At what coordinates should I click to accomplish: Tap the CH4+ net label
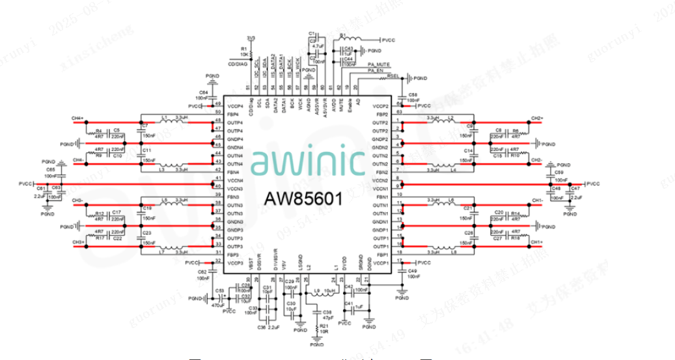[79, 118]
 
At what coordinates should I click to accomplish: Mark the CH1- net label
[537, 200]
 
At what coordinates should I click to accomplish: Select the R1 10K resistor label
[244, 52]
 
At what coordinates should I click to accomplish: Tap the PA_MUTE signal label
[378, 64]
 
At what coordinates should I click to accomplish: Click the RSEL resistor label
[393, 76]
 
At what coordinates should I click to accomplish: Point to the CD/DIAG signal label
[237, 63]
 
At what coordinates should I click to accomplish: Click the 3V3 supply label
[251, 38]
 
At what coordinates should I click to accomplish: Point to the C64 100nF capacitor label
[204, 95]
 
